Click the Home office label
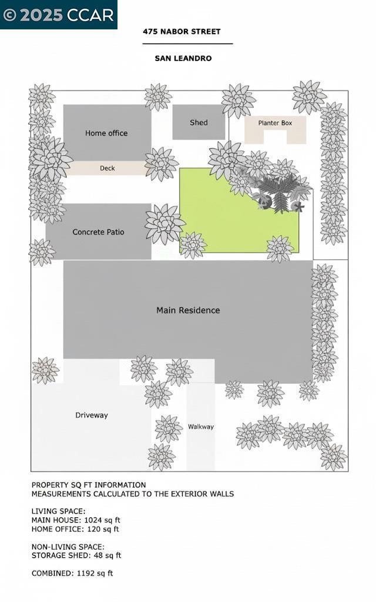pos(106,133)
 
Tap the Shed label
pos(199,123)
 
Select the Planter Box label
pos(275,123)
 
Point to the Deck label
pos(108,169)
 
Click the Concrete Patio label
pos(98,232)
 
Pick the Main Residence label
pos(188,310)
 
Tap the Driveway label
pos(92,416)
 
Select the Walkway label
pos(200,427)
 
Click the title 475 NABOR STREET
pos(182,32)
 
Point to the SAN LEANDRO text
pos(183,59)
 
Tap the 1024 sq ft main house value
pos(99,520)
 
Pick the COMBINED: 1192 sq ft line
pos(72,573)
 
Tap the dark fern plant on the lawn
pos(276,191)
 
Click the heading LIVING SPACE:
pos(58,511)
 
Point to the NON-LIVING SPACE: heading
pos(68,547)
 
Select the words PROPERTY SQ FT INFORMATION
pos(89,485)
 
